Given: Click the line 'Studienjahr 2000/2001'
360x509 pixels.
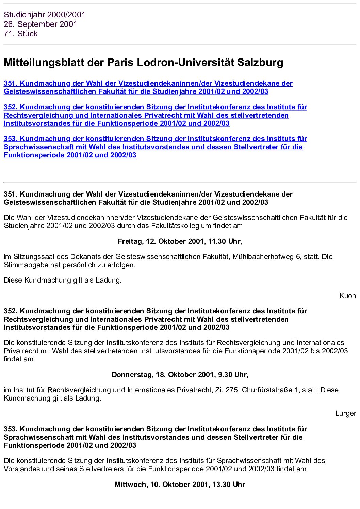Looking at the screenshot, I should pyautogui.click(x=45, y=15).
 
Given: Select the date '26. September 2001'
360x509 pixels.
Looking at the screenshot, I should pyautogui.click(x=40, y=24).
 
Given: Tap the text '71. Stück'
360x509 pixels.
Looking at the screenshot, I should pyautogui.click(x=21, y=34).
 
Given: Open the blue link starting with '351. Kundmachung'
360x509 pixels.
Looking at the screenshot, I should pyautogui.click(x=148, y=87).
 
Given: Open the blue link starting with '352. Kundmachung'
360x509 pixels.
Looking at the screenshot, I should pyautogui.click(x=155, y=115).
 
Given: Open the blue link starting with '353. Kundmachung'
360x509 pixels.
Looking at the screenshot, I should pyautogui.click(x=155, y=147).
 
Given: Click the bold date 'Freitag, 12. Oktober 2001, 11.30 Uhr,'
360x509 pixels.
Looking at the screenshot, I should pyautogui.click(x=180, y=241).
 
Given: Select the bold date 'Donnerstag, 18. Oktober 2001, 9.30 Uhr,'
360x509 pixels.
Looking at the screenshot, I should pyautogui.click(x=180, y=375).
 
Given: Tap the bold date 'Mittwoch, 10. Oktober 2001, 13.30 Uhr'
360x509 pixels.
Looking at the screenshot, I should pyautogui.click(x=180, y=485).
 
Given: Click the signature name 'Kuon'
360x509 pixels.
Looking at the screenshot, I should pyautogui.click(x=347, y=296).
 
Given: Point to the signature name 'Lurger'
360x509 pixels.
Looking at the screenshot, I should pyautogui.click(x=345, y=413).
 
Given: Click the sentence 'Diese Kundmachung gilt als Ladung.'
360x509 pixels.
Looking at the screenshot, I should pyautogui.click(x=63, y=280).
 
